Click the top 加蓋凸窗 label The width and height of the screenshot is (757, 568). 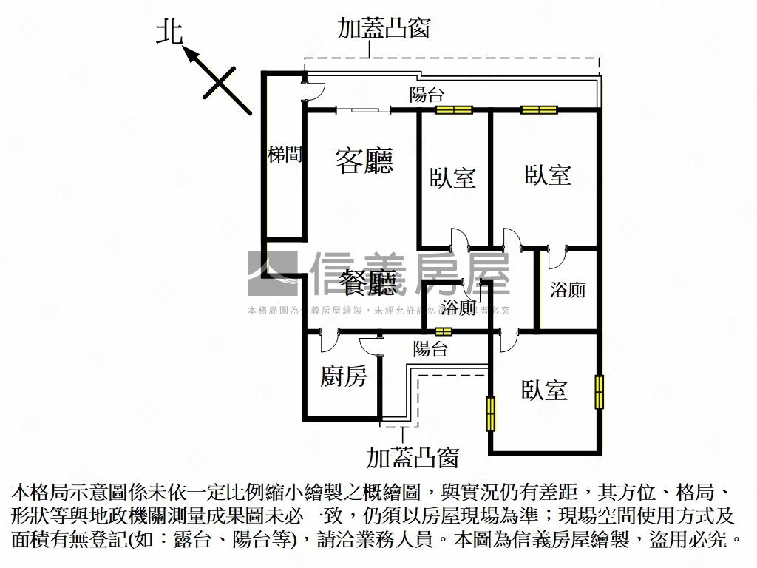(384, 28)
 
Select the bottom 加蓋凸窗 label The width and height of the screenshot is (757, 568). (413, 458)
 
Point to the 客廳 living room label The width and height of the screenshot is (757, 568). (364, 160)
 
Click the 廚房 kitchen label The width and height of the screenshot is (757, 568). (344, 377)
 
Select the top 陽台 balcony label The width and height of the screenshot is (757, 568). (427, 95)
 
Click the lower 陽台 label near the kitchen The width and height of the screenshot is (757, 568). (430, 349)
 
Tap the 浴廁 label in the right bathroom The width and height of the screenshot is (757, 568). (568, 289)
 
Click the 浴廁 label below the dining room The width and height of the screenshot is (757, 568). (458, 308)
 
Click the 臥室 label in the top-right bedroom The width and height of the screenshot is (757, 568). (548, 175)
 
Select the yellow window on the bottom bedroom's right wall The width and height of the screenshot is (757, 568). (599, 391)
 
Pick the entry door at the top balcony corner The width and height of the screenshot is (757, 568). (314, 90)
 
